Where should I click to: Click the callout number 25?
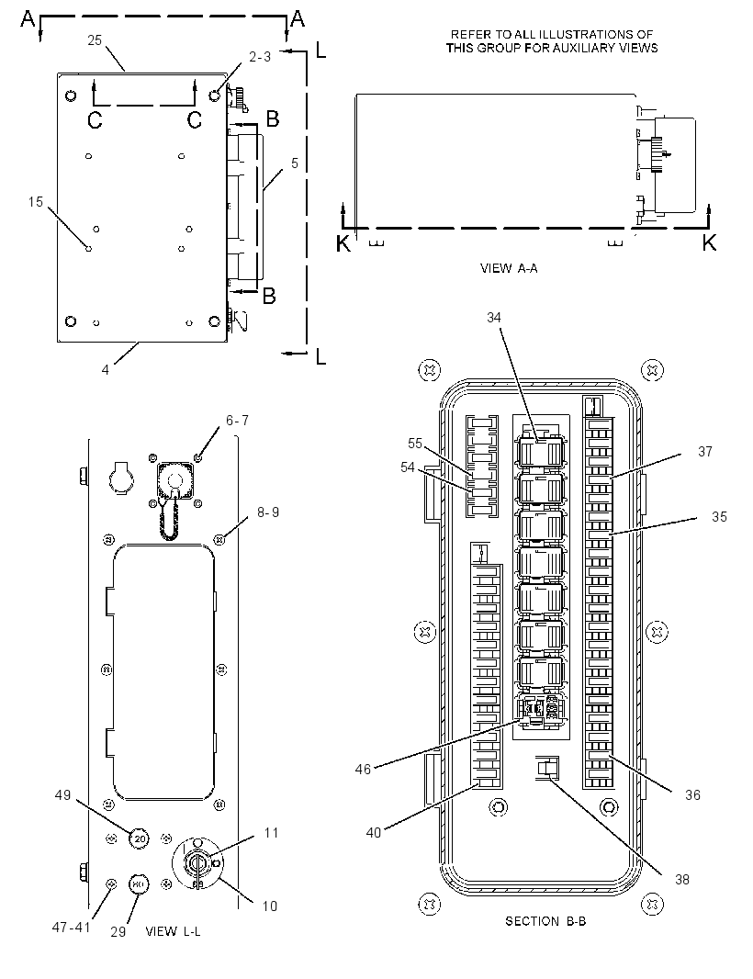(95, 40)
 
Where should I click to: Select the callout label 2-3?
(260, 57)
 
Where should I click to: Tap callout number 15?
(36, 202)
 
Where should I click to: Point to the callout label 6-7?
(237, 421)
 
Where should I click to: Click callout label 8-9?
(268, 512)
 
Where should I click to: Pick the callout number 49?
(63, 794)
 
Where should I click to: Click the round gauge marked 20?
(140, 838)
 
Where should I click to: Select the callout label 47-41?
(72, 928)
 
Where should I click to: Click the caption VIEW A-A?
(509, 268)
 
